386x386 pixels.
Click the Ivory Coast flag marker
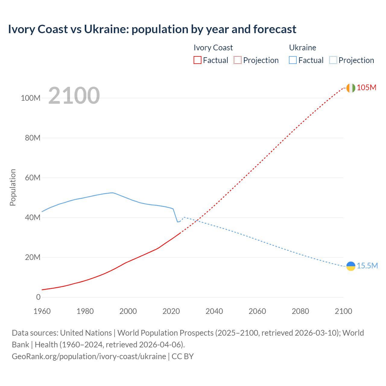(x=350, y=88)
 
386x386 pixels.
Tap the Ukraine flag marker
(x=350, y=266)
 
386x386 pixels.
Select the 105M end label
(x=366, y=88)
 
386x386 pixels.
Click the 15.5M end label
(x=367, y=266)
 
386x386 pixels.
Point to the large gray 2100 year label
(x=74, y=96)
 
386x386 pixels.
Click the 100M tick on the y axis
(x=30, y=98)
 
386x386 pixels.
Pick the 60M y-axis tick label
(x=33, y=178)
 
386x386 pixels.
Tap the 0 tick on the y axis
(x=38, y=297)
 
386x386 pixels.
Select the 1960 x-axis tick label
(x=42, y=312)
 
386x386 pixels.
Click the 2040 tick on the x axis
(x=214, y=312)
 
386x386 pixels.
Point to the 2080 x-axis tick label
(x=300, y=312)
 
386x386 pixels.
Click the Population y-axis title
(x=13, y=188)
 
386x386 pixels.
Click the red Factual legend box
(x=197, y=60)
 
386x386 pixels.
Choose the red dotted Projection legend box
(x=238, y=60)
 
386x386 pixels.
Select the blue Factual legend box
(x=293, y=60)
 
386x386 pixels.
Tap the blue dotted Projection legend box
(x=333, y=60)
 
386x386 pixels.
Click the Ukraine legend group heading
(x=302, y=48)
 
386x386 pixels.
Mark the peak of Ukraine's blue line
(x=112, y=193)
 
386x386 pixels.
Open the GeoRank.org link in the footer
(x=89, y=356)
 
